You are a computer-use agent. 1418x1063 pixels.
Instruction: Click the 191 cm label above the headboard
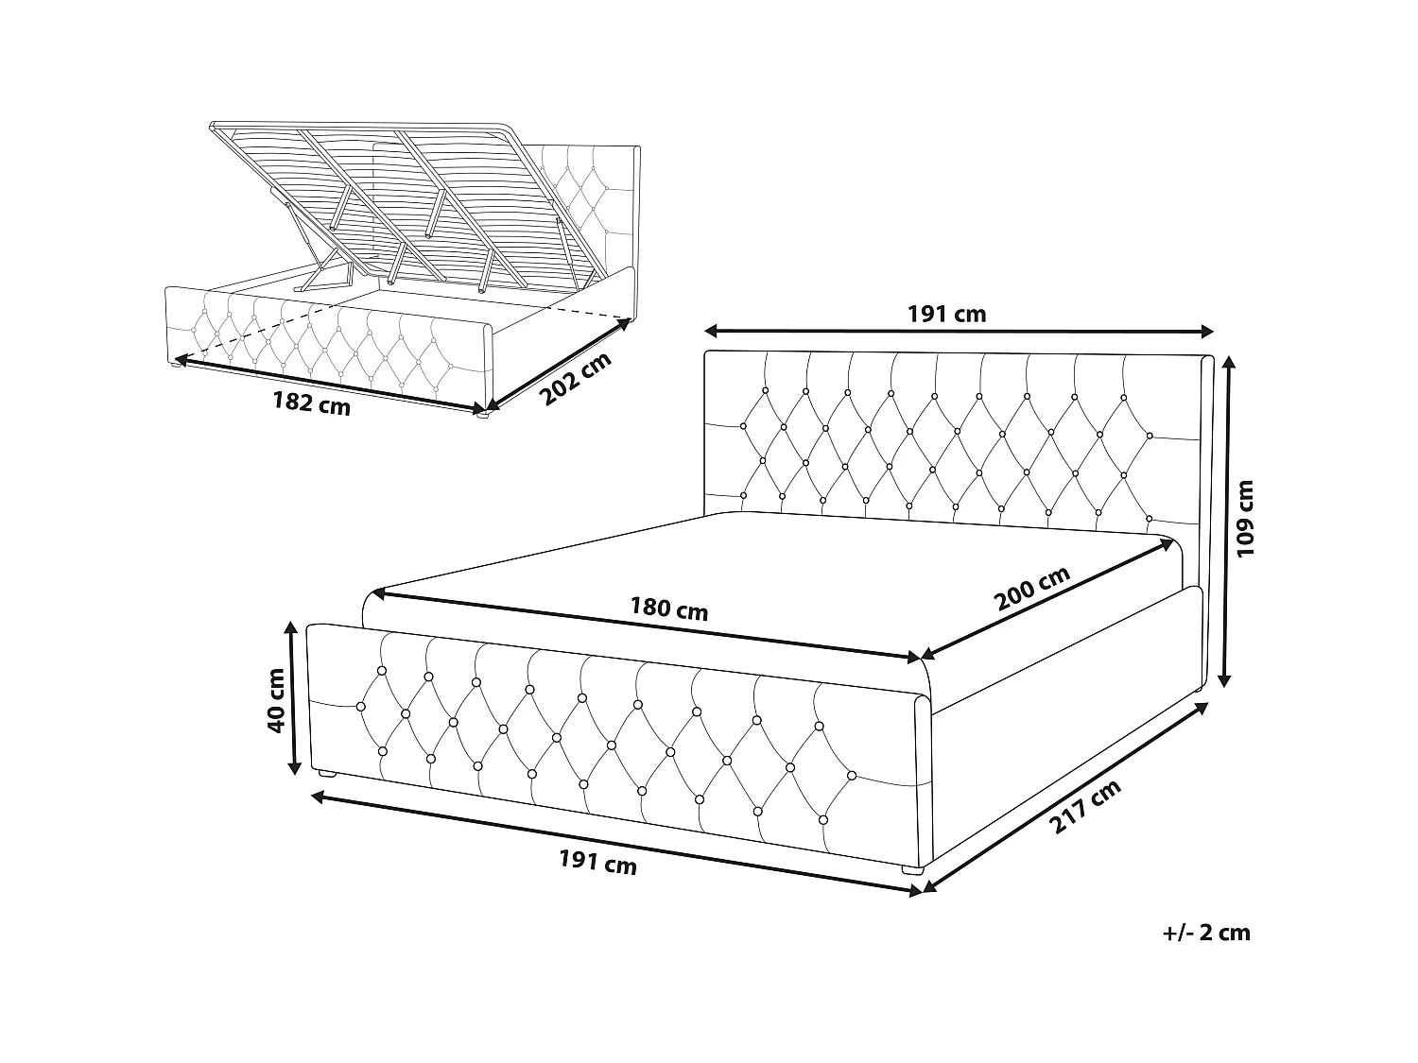click(x=946, y=314)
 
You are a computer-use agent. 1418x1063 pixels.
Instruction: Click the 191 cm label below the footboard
click(x=597, y=862)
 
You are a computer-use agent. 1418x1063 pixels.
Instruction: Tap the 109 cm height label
click(x=1246, y=518)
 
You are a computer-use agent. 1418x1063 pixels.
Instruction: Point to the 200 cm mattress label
click(x=1032, y=590)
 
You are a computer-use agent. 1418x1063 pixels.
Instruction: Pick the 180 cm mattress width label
click(x=669, y=609)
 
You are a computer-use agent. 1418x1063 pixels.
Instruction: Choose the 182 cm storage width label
click(x=311, y=403)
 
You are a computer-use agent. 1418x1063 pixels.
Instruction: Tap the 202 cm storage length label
click(x=575, y=379)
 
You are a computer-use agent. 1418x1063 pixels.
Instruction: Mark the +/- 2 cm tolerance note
click(x=1205, y=933)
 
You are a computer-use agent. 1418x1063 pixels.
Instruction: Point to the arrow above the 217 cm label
click(x=1066, y=794)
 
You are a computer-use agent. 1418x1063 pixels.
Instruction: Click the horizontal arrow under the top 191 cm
click(x=959, y=331)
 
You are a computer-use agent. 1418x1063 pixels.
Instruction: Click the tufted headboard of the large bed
click(x=945, y=435)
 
